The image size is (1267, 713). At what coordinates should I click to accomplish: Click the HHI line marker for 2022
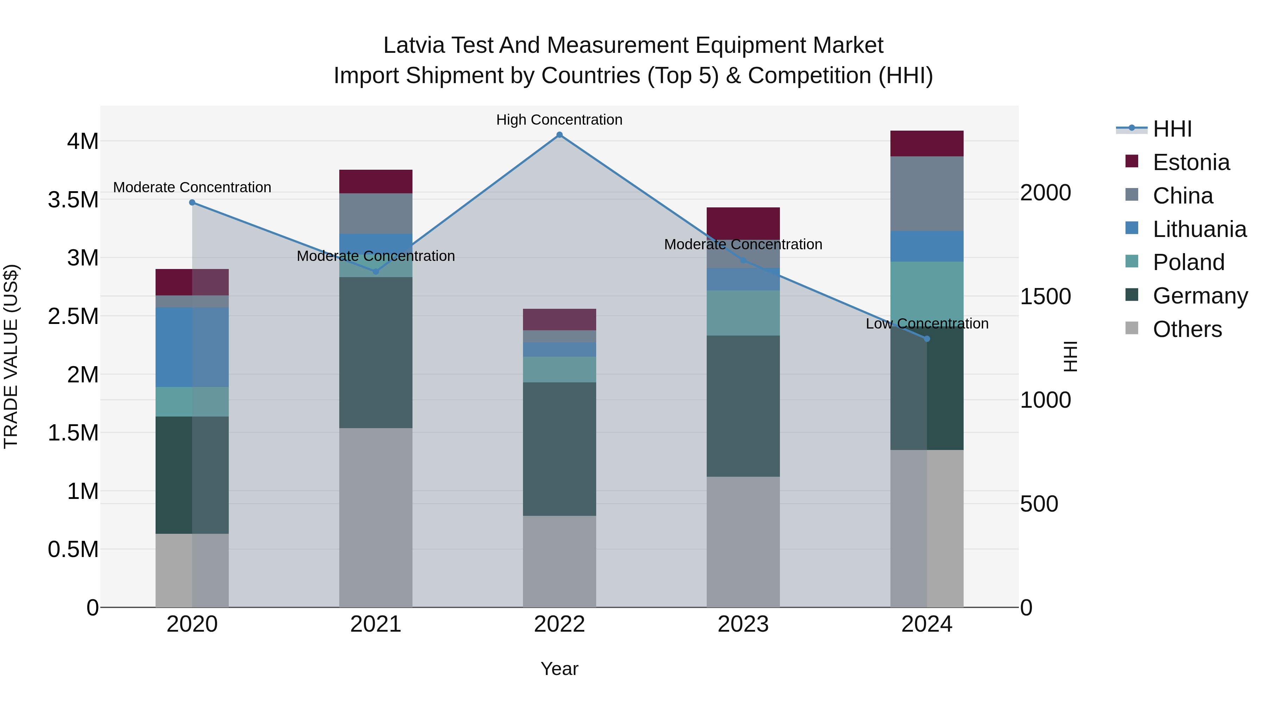click(559, 135)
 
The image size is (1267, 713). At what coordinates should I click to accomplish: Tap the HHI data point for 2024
click(927, 338)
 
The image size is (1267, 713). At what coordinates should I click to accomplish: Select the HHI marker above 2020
click(192, 202)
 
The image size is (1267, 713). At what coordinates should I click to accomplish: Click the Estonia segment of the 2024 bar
click(927, 144)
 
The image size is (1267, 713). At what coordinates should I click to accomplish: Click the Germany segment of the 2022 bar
click(559, 449)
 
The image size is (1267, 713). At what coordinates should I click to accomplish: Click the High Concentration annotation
click(559, 120)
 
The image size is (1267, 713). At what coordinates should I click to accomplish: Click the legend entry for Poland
click(1188, 262)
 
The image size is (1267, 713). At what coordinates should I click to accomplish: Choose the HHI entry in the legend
click(1172, 129)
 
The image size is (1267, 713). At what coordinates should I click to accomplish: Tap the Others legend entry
click(1186, 329)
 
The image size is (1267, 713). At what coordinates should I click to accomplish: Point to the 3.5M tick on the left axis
click(73, 200)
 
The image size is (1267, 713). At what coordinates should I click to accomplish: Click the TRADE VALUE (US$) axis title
click(11, 356)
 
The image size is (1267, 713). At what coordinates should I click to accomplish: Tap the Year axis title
click(559, 669)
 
